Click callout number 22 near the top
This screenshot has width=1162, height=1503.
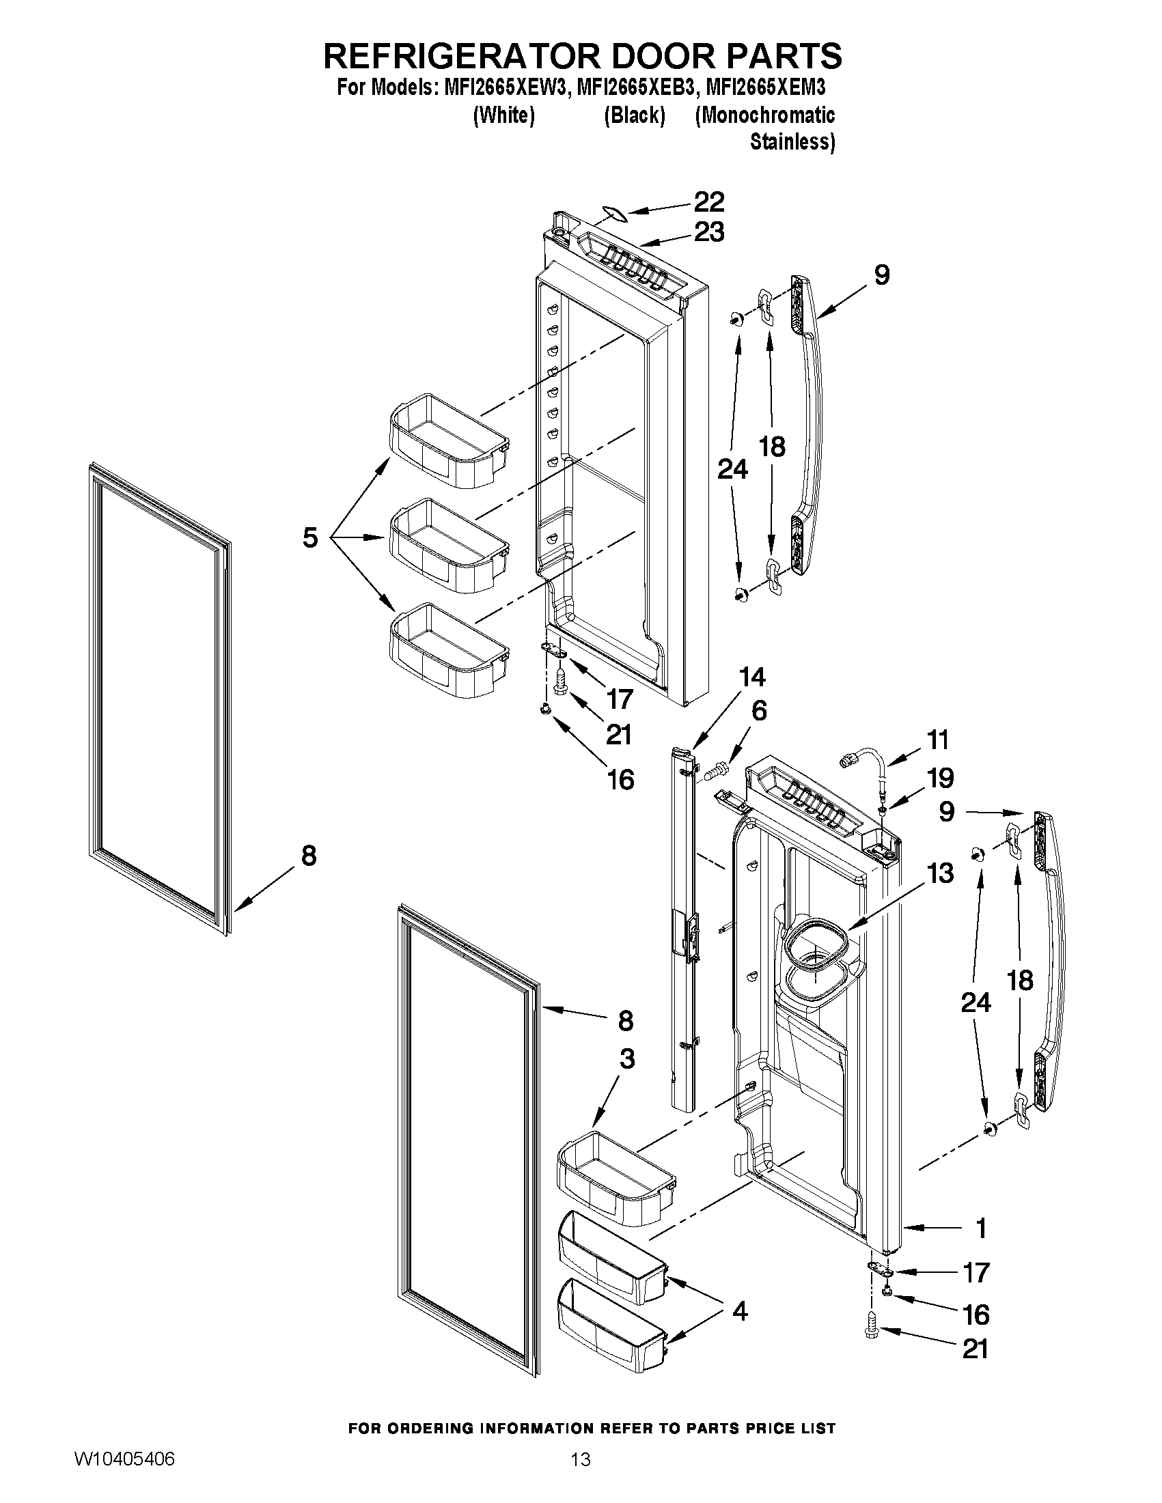point(708,201)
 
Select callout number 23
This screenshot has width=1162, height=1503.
point(708,232)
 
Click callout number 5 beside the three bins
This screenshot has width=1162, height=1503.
point(310,537)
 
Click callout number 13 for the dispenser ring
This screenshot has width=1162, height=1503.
point(941,873)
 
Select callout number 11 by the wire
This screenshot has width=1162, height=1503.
point(937,740)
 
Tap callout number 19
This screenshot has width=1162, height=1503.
point(941,778)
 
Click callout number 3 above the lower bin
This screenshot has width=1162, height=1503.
point(626,1059)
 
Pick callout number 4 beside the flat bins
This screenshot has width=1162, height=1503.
point(740,1312)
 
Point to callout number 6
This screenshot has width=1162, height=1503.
point(758,711)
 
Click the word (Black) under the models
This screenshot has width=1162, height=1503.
point(634,115)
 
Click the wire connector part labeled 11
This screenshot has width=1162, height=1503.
point(850,761)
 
